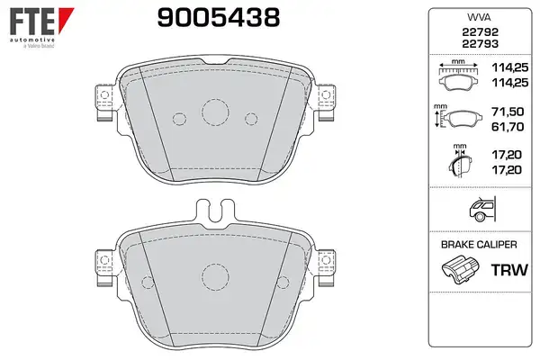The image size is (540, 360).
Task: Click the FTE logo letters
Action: pyautogui.click(x=32, y=22)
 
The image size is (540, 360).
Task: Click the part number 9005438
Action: pyautogui.click(x=219, y=18)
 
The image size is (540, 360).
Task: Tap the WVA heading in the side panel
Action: pyautogui.click(x=479, y=18)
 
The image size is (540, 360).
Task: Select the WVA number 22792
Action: pyautogui.click(x=480, y=32)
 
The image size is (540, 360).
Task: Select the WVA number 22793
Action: pyautogui.click(x=480, y=44)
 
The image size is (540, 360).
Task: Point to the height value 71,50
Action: pyautogui.click(x=508, y=112)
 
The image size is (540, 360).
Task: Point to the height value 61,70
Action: pyautogui.click(x=508, y=127)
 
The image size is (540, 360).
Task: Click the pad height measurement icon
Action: pyautogui.click(x=456, y=117)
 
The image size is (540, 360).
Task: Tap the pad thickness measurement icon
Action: pyautogui.click(x=460, y=161)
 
